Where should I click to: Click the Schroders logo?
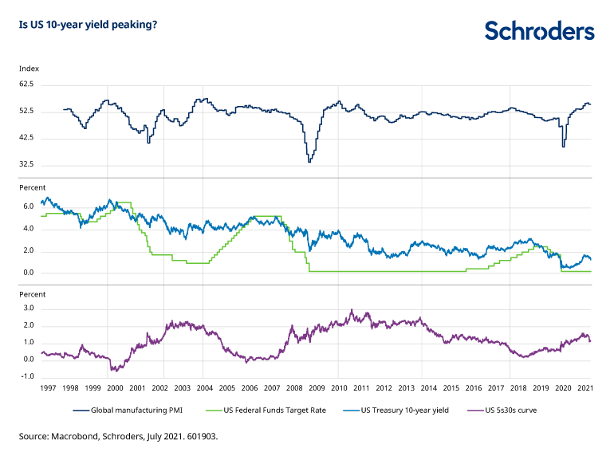[x=539, y=31]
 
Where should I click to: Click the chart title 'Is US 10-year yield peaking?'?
[x=88, y=25]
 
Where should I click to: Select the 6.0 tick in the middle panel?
[x=28, y=206]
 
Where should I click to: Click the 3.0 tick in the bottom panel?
[x=28, y=308]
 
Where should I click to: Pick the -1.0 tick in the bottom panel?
[x=27, y=376]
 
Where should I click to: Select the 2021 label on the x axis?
[x=584, y=388]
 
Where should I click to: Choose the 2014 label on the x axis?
[x=429, y=388]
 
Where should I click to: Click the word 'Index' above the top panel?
[x=29, y=69]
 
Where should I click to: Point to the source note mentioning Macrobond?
[x=119, y=436]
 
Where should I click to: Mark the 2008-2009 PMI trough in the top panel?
[x=309, y=161]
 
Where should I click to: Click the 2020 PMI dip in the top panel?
[x=564, y=145]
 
